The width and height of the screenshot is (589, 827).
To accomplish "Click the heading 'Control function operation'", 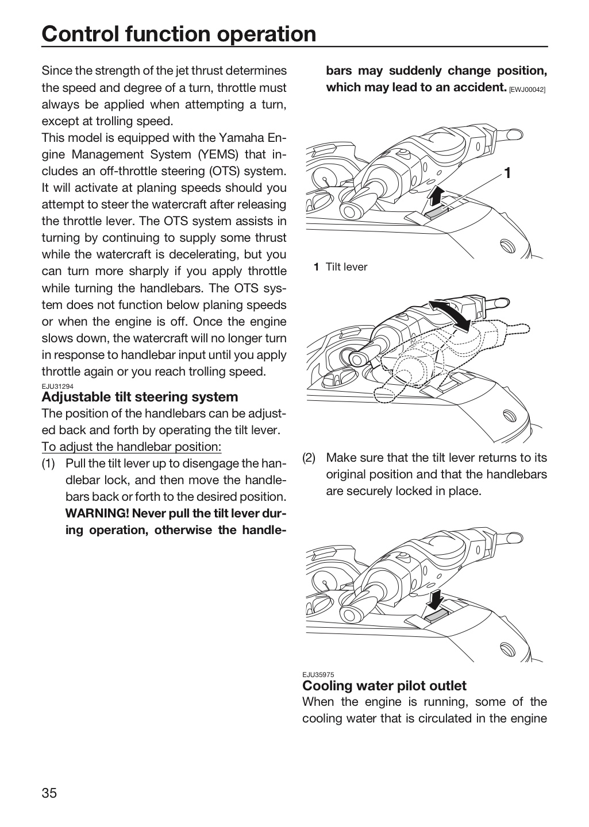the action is [x=179, y=34].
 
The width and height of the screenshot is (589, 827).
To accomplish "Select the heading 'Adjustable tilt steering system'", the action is [x=140, y=397].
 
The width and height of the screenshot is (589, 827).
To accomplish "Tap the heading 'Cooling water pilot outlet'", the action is [x=384, y=686].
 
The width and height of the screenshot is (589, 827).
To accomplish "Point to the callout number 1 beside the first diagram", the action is [x=508, y=173].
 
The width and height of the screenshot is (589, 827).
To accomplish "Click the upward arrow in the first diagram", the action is [x=434, y=195].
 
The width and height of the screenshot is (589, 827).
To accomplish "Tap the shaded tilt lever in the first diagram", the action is [x=436, y=212].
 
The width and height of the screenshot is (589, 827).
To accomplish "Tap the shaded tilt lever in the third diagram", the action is [x=436, y=616].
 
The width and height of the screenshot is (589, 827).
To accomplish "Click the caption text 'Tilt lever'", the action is [x=347, y=267].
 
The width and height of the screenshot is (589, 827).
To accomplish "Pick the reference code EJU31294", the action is [x=57, y=386].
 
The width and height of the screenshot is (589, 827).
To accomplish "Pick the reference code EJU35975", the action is [x=318, y=675].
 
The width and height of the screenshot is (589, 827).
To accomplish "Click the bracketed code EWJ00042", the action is [x=527, y=90].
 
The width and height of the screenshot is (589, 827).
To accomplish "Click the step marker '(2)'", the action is [x=309, y=458].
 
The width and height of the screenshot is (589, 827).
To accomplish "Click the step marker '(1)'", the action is [x=48, y=463].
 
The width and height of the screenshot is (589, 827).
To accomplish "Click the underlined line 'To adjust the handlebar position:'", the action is [x=132, y=447].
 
